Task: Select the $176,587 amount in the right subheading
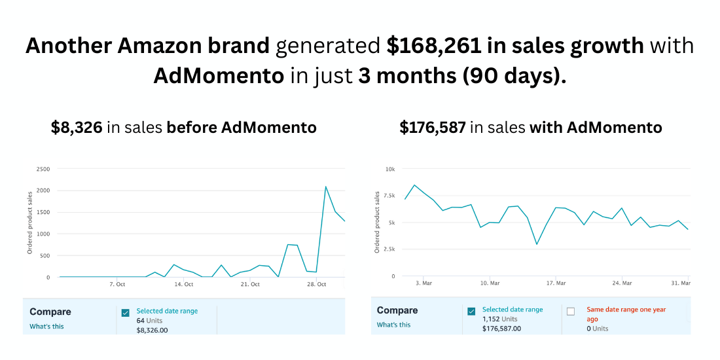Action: coord(433,128)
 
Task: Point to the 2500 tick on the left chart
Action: coord(43,169)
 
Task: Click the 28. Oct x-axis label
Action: coord(317,284)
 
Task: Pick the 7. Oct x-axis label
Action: coord(117,284)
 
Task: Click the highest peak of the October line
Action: coord(326,187)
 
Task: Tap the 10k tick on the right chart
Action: coord(390,169)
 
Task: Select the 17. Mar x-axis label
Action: coord(556,283)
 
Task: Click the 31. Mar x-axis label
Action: coord(681,283)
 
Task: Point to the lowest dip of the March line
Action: coord(537,244)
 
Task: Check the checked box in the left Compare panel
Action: coord(126,312)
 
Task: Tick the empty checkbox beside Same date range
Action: coord(571,311)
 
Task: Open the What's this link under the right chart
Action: coord(393,325)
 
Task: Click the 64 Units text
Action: coord(150,321)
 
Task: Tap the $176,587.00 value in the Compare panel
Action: coord(501,329)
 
